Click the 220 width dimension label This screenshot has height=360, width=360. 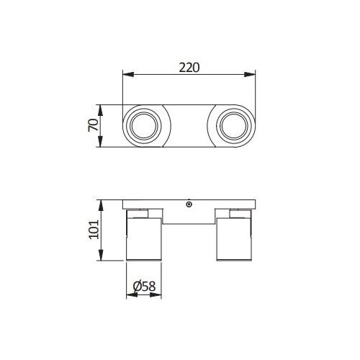click(x=189, y=68)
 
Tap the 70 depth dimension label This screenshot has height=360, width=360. click(x=94, y=125)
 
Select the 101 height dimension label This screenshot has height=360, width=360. click(x=94, y=229)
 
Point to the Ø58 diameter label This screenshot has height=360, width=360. click(x=144, y=286)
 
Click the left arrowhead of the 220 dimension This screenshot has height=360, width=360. click(x=128, y=74)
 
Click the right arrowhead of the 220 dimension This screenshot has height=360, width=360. click(x=250, y=74)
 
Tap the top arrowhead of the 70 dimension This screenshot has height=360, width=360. click(x=100, y=110)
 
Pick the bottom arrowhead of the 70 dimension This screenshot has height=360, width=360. click(x=100, y=141)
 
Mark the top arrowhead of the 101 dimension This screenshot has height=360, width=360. click(x=101, y=205)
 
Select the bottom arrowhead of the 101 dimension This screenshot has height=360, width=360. click(x=101, y=255)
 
